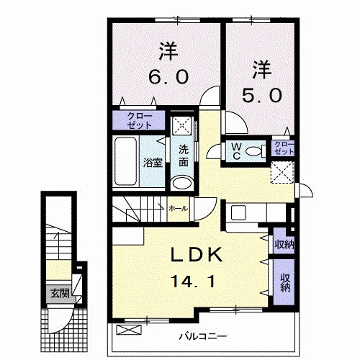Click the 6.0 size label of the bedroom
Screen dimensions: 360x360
click(x=168, y=76)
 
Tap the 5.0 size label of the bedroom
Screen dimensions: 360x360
click(x=261, y=95)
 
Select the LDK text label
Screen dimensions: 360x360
click(x=196, y=255)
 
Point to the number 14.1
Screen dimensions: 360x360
click(x=193, y=282)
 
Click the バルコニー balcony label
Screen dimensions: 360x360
click(x=203, y=336)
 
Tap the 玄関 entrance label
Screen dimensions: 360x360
click(x=60, y=293)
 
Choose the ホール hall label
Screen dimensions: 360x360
click(x=178, y=209)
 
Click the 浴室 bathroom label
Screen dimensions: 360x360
click(x=153, y=163)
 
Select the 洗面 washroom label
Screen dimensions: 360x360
click(x=184, y=156)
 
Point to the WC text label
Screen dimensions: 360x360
click(x=237, y=151)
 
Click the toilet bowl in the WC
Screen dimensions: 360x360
click(x=253, y=151)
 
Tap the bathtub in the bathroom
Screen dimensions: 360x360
click(x=125, y=161)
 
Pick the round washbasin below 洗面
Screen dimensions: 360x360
click(x=182, y=183)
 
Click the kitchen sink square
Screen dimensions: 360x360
click(x=238, y=213)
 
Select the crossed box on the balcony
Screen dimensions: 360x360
click(x=129, y=330)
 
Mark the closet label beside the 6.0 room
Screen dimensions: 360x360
click(x=140, y=121)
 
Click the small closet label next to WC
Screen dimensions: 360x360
click(x=284, y=148)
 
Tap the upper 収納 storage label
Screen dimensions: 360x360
click(x=284, y=245)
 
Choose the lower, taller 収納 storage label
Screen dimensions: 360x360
click(x=285, y=282)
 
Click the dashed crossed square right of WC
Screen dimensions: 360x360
click(x=282, y=173)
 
